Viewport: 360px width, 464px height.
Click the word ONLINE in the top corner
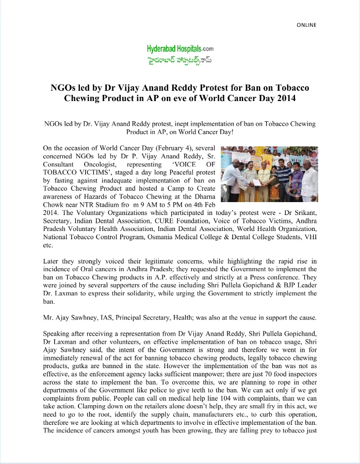coord(306,25)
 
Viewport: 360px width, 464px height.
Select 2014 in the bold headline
coord(285,98)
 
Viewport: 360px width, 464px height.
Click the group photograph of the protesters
coord(269,174)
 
